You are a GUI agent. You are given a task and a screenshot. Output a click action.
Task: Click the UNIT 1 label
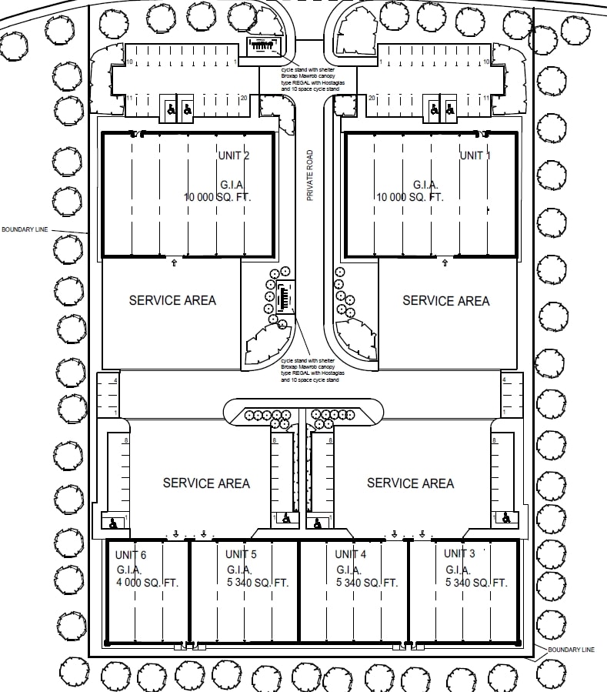tap(475, 155)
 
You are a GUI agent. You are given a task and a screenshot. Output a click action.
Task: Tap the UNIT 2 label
tap(234, 156)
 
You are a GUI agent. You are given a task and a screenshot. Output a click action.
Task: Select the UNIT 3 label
tap(459, 553)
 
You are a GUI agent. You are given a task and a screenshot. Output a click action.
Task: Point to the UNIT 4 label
tap(351, 553)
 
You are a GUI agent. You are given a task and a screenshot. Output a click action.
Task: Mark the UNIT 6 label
tap(130, 555)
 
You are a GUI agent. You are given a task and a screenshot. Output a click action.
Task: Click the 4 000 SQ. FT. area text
tap(148, 583)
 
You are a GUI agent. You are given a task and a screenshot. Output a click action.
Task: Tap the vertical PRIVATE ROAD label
tap(311, 176)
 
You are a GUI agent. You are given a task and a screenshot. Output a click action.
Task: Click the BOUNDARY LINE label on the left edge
tap(25, 229)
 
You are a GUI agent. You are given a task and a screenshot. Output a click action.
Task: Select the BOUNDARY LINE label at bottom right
tap(571, 650)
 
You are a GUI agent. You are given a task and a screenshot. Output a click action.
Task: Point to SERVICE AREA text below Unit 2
tap(172, 300)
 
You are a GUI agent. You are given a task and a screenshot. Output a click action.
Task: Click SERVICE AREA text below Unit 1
tap(446, 300)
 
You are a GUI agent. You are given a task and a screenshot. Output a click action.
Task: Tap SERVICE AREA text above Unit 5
tap(206, 483)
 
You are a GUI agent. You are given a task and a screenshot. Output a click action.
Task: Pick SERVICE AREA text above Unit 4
tap(410, 483)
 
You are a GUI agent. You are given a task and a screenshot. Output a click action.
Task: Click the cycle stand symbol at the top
tap(262, 46)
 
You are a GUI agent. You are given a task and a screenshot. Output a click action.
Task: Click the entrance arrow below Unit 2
tap(173, 263)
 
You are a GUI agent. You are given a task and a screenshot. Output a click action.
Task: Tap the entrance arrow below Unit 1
tap(445, 263)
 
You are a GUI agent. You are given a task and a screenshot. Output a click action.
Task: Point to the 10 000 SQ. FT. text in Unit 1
tap(410, 197)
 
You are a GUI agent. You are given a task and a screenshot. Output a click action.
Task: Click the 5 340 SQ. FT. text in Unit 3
tap(476, 583)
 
